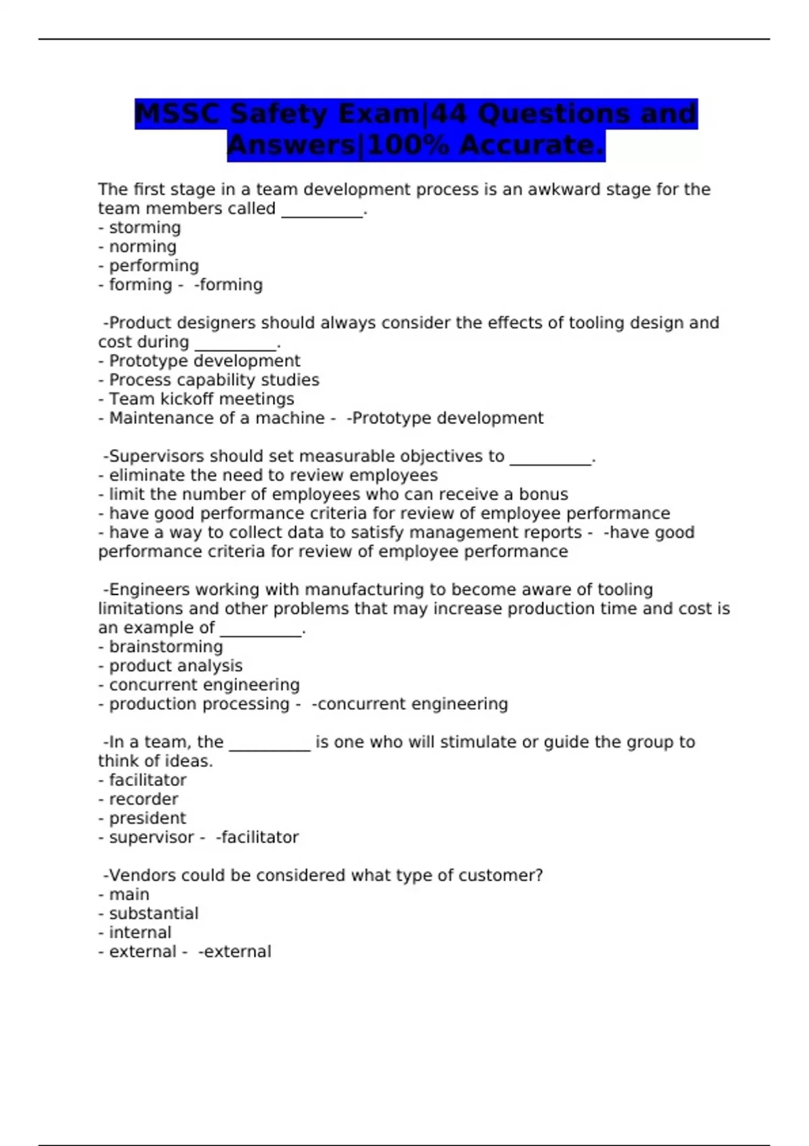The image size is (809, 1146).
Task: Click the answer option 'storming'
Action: (144, 228)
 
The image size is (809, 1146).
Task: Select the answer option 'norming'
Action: (142, 247)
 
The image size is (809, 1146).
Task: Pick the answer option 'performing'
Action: (154, 266)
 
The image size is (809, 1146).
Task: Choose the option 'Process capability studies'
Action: (214, 380)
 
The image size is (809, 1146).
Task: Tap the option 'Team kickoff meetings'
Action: (201, 399)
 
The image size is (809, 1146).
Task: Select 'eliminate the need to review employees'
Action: (273, 475)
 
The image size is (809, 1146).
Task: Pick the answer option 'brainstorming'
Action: (165, 647)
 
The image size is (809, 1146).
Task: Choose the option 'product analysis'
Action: (175, 666)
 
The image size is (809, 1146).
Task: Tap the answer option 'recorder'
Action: (143, 800)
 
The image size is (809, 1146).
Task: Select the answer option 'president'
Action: (147, 818)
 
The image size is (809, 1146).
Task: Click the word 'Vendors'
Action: (144, 876)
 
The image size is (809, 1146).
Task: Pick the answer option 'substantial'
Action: (153, 913)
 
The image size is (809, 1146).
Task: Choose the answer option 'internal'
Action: (140, 932)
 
